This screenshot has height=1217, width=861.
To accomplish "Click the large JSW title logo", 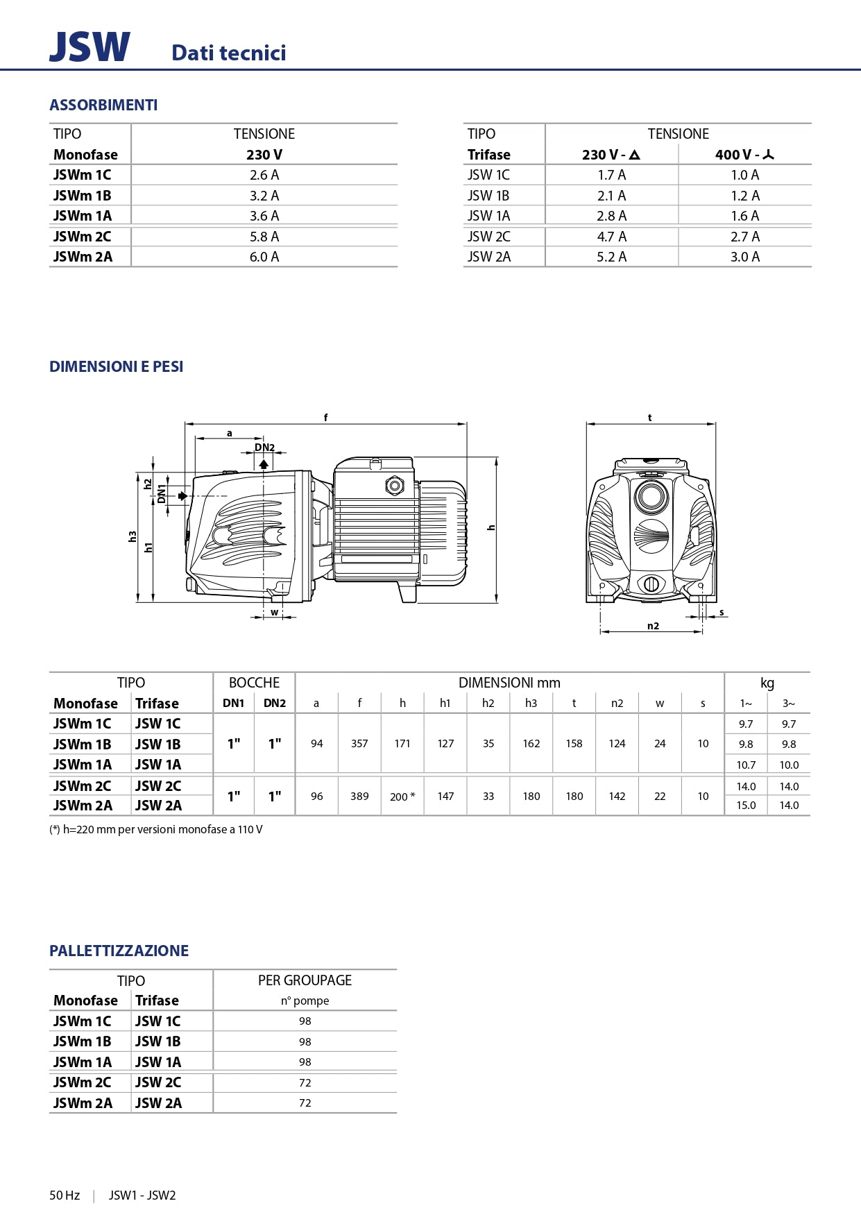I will pos(89,47).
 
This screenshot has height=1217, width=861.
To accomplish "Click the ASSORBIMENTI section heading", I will pos(103,105).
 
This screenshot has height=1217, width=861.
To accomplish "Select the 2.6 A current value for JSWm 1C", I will pos(264,175).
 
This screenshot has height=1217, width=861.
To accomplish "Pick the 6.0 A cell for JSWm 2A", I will pos(264,257).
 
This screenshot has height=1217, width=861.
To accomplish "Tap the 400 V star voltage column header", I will pos(744,155).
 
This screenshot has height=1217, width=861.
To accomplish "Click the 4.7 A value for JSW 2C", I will pos(611,237).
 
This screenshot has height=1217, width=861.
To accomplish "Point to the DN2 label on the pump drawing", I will pos(264,448).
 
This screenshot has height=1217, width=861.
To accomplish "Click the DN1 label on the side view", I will pos(162,493).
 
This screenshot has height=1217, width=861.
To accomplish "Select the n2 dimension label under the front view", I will pos(653,626).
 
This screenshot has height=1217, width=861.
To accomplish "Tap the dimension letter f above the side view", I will pos(325,418).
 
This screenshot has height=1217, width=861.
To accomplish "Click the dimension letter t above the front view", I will pos(650,418).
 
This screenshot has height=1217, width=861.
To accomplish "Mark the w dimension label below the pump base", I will pos(275,612).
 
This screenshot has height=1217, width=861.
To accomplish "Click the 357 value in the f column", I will pos(359,744).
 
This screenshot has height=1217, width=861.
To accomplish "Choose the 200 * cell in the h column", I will pos(402,797).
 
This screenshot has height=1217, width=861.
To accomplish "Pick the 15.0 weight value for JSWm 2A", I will pos(746,806).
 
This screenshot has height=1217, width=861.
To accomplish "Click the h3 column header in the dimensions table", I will pos(531,704).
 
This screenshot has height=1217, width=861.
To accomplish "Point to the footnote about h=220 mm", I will pos(156,830).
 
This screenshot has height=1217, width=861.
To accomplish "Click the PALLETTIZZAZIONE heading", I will pos(119,951).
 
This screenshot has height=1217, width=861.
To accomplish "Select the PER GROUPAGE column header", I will pos(305,980).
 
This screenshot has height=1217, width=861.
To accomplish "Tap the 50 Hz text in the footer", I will pos(65,1195).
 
